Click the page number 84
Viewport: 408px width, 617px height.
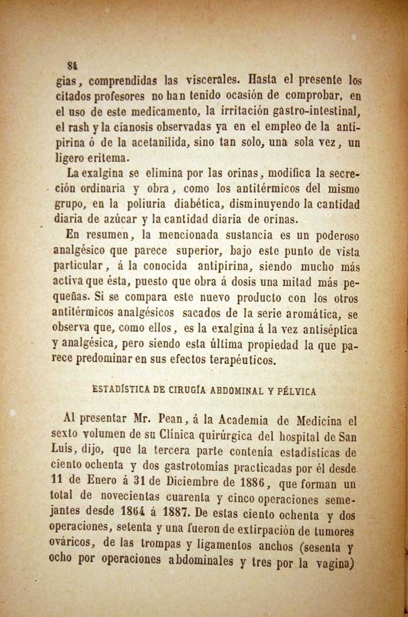click(x=73, y=65)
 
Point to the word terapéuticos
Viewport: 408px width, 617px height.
click(x=242, y=360)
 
